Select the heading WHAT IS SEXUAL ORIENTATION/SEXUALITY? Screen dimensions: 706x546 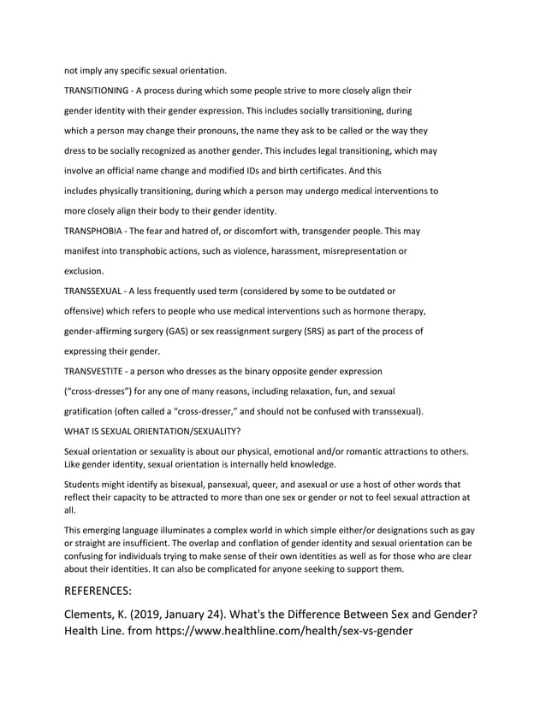(152, 431)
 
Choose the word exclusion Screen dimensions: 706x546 (85, 271)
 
